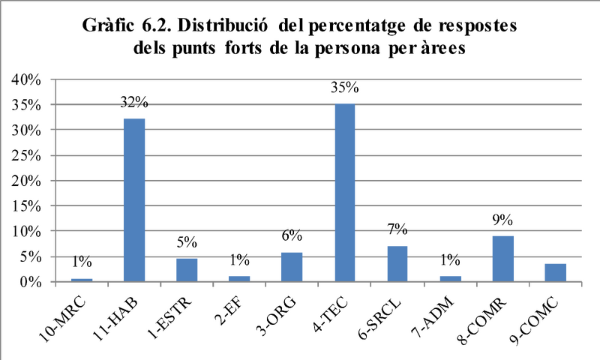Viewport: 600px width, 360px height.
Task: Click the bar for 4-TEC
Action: point(345,193)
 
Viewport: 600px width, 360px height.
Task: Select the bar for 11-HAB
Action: point(134,200)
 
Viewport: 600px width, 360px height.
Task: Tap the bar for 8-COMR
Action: point(502,259)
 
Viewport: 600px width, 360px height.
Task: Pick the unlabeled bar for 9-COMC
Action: point(555,273)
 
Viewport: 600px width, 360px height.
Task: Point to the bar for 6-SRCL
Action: point(397,264)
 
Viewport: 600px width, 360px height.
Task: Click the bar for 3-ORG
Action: point(292,267)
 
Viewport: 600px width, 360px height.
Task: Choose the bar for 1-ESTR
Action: point(187,270)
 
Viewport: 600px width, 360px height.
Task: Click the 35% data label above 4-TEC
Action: point(345,88)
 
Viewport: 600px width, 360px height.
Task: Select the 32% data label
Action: point(134,102)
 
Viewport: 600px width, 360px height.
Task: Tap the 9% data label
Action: point(502,220)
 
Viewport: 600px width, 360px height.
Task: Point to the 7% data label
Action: point(397,229)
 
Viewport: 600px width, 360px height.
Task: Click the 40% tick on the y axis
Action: point(26,79)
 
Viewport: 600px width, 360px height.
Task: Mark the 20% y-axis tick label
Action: point(26,181)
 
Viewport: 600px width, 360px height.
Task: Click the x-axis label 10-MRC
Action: point(63,319)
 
